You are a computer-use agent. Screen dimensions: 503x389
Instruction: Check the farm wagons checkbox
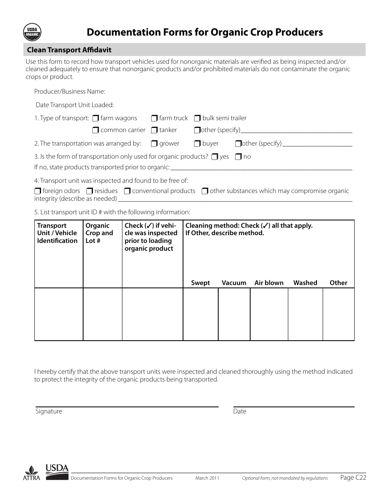tap(95, 119)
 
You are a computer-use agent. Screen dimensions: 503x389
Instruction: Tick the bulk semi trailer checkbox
tap(197, 119)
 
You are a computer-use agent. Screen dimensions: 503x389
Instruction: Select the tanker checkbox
tap(154, 130)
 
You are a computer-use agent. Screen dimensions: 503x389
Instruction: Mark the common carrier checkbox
tap(95, 130)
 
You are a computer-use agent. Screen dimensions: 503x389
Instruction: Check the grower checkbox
tap(154, 144)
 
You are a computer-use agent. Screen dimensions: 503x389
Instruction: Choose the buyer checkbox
tap(197, 144)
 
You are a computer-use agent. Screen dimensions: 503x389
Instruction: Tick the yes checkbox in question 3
tap(215, 157)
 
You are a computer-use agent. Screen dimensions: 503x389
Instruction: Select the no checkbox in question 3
tap(238, 157)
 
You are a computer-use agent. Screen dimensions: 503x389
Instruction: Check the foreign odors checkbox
tap(38, 191)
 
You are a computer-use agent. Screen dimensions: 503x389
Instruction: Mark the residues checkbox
tap(90, 191)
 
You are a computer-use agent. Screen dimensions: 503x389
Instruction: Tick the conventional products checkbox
tap(127, 191)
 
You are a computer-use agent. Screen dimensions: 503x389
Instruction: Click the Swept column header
tap(200, 283)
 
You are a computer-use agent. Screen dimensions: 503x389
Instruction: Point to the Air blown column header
tap(269, 283)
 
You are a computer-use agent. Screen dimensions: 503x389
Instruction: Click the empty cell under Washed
tap(305, 314)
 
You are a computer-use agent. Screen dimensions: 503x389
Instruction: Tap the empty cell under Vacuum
tap(234, 314)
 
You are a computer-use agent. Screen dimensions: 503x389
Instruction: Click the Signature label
tap(49, 411)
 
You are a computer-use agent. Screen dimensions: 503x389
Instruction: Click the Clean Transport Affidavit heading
tap(69, 50)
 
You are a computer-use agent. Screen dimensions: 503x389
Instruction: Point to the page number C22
tap(353, 477)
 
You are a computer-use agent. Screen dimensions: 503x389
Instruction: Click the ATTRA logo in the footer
tap(32, 474)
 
